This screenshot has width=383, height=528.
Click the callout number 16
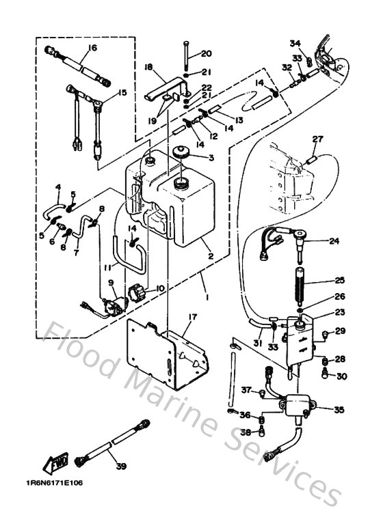[x=92, y=47]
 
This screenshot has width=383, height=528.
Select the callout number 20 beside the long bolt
[x=206, y=54]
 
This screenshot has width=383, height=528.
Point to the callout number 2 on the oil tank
[x=211, y=258]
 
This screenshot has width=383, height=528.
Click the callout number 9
[x=111, y=283]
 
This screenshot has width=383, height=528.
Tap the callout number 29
[x=340, y=331]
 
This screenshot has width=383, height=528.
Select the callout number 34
[x=294, y=44]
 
